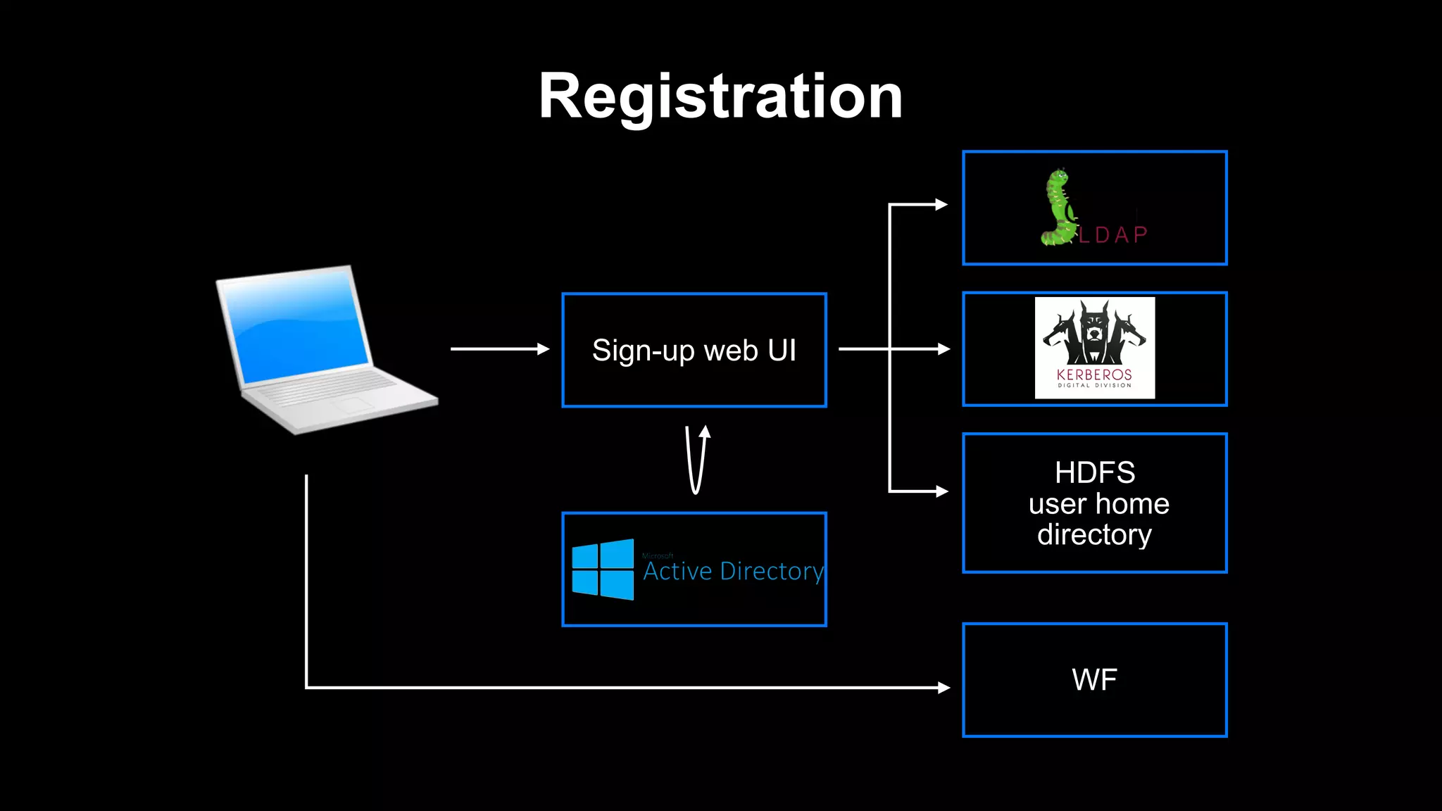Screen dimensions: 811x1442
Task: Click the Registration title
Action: [x=720, y=96]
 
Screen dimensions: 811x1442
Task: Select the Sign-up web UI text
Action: [x=694, y=350]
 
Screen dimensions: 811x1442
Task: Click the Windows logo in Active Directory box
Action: [x=603, y=570]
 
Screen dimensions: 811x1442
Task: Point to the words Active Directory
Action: [x=733, y=571]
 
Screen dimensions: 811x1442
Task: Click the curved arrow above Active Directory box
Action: [x=696, y=461]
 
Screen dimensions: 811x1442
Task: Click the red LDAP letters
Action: [x=1113, y=234]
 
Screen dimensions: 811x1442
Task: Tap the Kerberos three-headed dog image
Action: [x=1094, y=331]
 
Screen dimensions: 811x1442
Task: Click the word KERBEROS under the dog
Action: [x=1094, y=375]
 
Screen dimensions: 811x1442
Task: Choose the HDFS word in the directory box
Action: [x=1094, y=472]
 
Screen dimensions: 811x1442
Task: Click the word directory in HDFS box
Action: [x=1094, y=535]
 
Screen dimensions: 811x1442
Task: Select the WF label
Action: [x=1094, y=680]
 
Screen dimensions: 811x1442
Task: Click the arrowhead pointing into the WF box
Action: [x=944, y=687]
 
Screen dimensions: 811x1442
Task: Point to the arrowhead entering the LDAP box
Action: [x=941, y=205]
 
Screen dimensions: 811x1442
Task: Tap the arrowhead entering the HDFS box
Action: [x=941, y=491]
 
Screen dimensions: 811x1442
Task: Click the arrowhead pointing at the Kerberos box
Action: [x=943, y=348]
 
